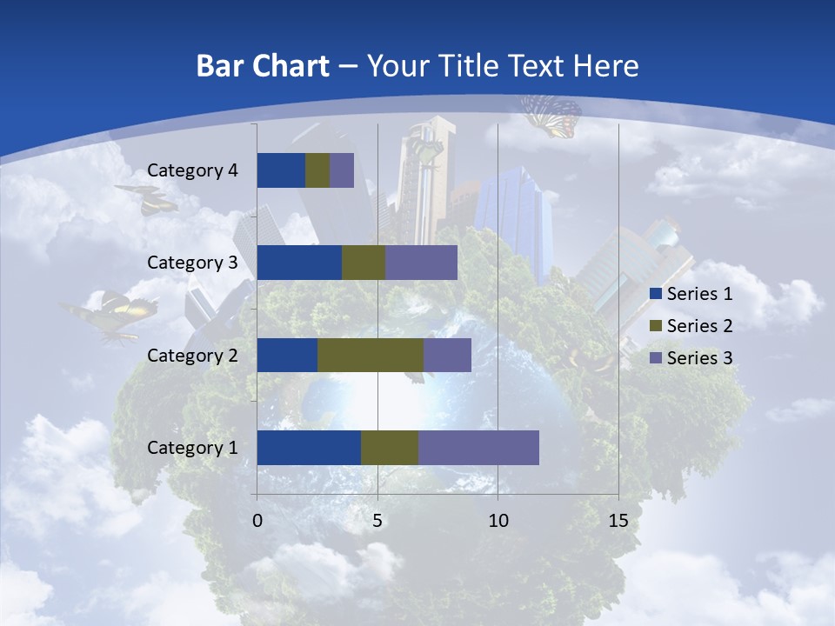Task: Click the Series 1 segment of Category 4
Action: [x=281, y=170]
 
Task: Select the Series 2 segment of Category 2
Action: [x=371, y=355]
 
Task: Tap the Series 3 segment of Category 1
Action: [x=478, y=448]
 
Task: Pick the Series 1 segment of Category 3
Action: [x=299, y=263]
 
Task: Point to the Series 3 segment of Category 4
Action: [x=342, y=170]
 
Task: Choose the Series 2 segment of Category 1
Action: [x=390, y=448]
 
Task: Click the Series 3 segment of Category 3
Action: [x=421, y=263]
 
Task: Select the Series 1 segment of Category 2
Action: [x=287, y=355]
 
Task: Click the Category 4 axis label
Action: [x=192, y=170]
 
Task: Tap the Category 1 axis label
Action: [x=192, y=448]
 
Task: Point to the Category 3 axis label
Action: [x=192, y=263]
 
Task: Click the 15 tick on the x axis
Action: [x=618, y=521]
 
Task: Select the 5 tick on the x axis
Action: [x=377, y=521]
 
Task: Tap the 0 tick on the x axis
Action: [x=257, y=521]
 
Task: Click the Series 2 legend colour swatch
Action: [x=655, y=326]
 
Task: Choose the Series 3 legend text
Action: [x=699, y=357]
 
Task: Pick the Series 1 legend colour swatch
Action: [x=655, y=294]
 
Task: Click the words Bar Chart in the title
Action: [x=263, y=65]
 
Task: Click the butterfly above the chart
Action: [x=551, y=116]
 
